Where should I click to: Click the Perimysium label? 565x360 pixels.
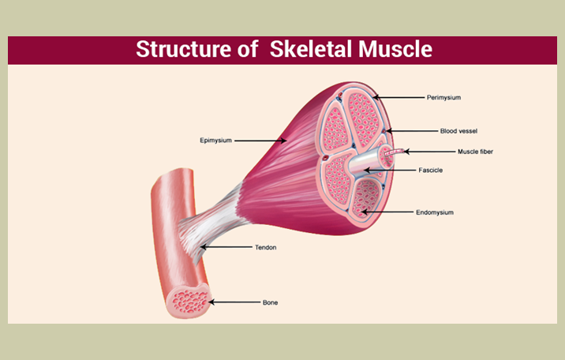click(x=443, y=98)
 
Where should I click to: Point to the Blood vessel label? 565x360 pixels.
click(x=458, y=130)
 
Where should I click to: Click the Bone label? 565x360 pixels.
click(x=270, y=302)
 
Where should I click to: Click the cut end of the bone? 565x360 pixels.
click(x=188, y=301)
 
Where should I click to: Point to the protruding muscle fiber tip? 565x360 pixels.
click(x=402, y=151)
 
